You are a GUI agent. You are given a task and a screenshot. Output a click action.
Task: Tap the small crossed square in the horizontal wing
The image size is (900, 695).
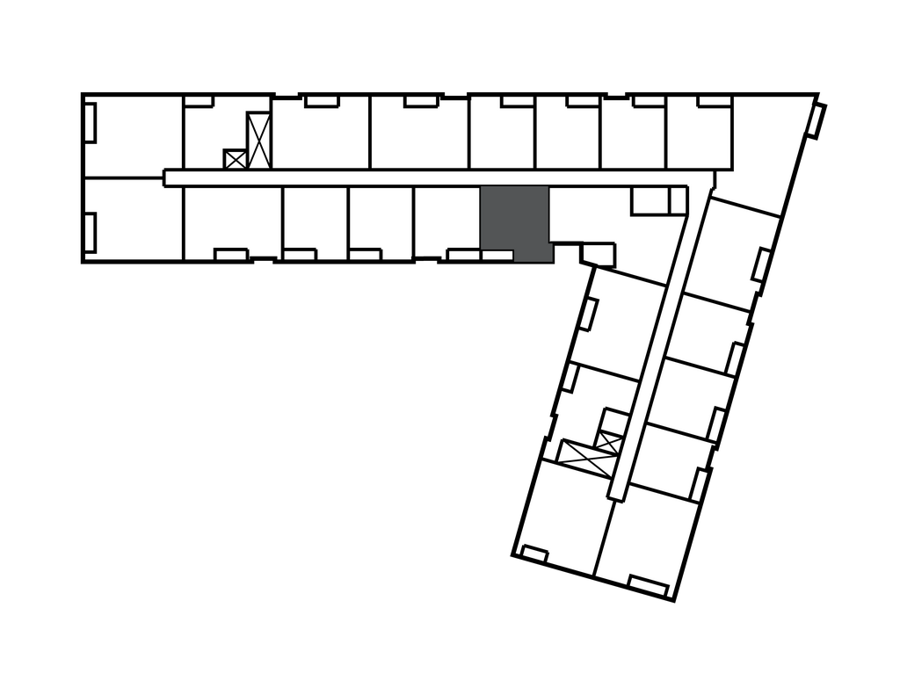click(235, 159)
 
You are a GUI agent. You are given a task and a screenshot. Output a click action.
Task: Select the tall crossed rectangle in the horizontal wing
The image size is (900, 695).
click(258, 140)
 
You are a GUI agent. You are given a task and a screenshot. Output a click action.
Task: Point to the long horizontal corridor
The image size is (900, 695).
click(422, 178)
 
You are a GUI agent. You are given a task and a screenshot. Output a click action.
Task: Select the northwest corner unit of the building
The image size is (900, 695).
click(134, 132)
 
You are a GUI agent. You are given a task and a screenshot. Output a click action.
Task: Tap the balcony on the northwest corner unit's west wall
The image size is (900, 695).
click(90, 122)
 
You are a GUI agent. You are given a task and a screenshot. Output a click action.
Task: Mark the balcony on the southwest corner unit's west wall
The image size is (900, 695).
click(90, 230)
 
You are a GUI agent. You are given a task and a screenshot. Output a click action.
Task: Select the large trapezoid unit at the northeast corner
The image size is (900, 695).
click(765, 149)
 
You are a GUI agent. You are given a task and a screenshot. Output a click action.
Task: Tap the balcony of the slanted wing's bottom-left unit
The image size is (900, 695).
click(533, 553)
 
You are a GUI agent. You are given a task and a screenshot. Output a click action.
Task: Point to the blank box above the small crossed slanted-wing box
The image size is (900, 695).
click(613, 418)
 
